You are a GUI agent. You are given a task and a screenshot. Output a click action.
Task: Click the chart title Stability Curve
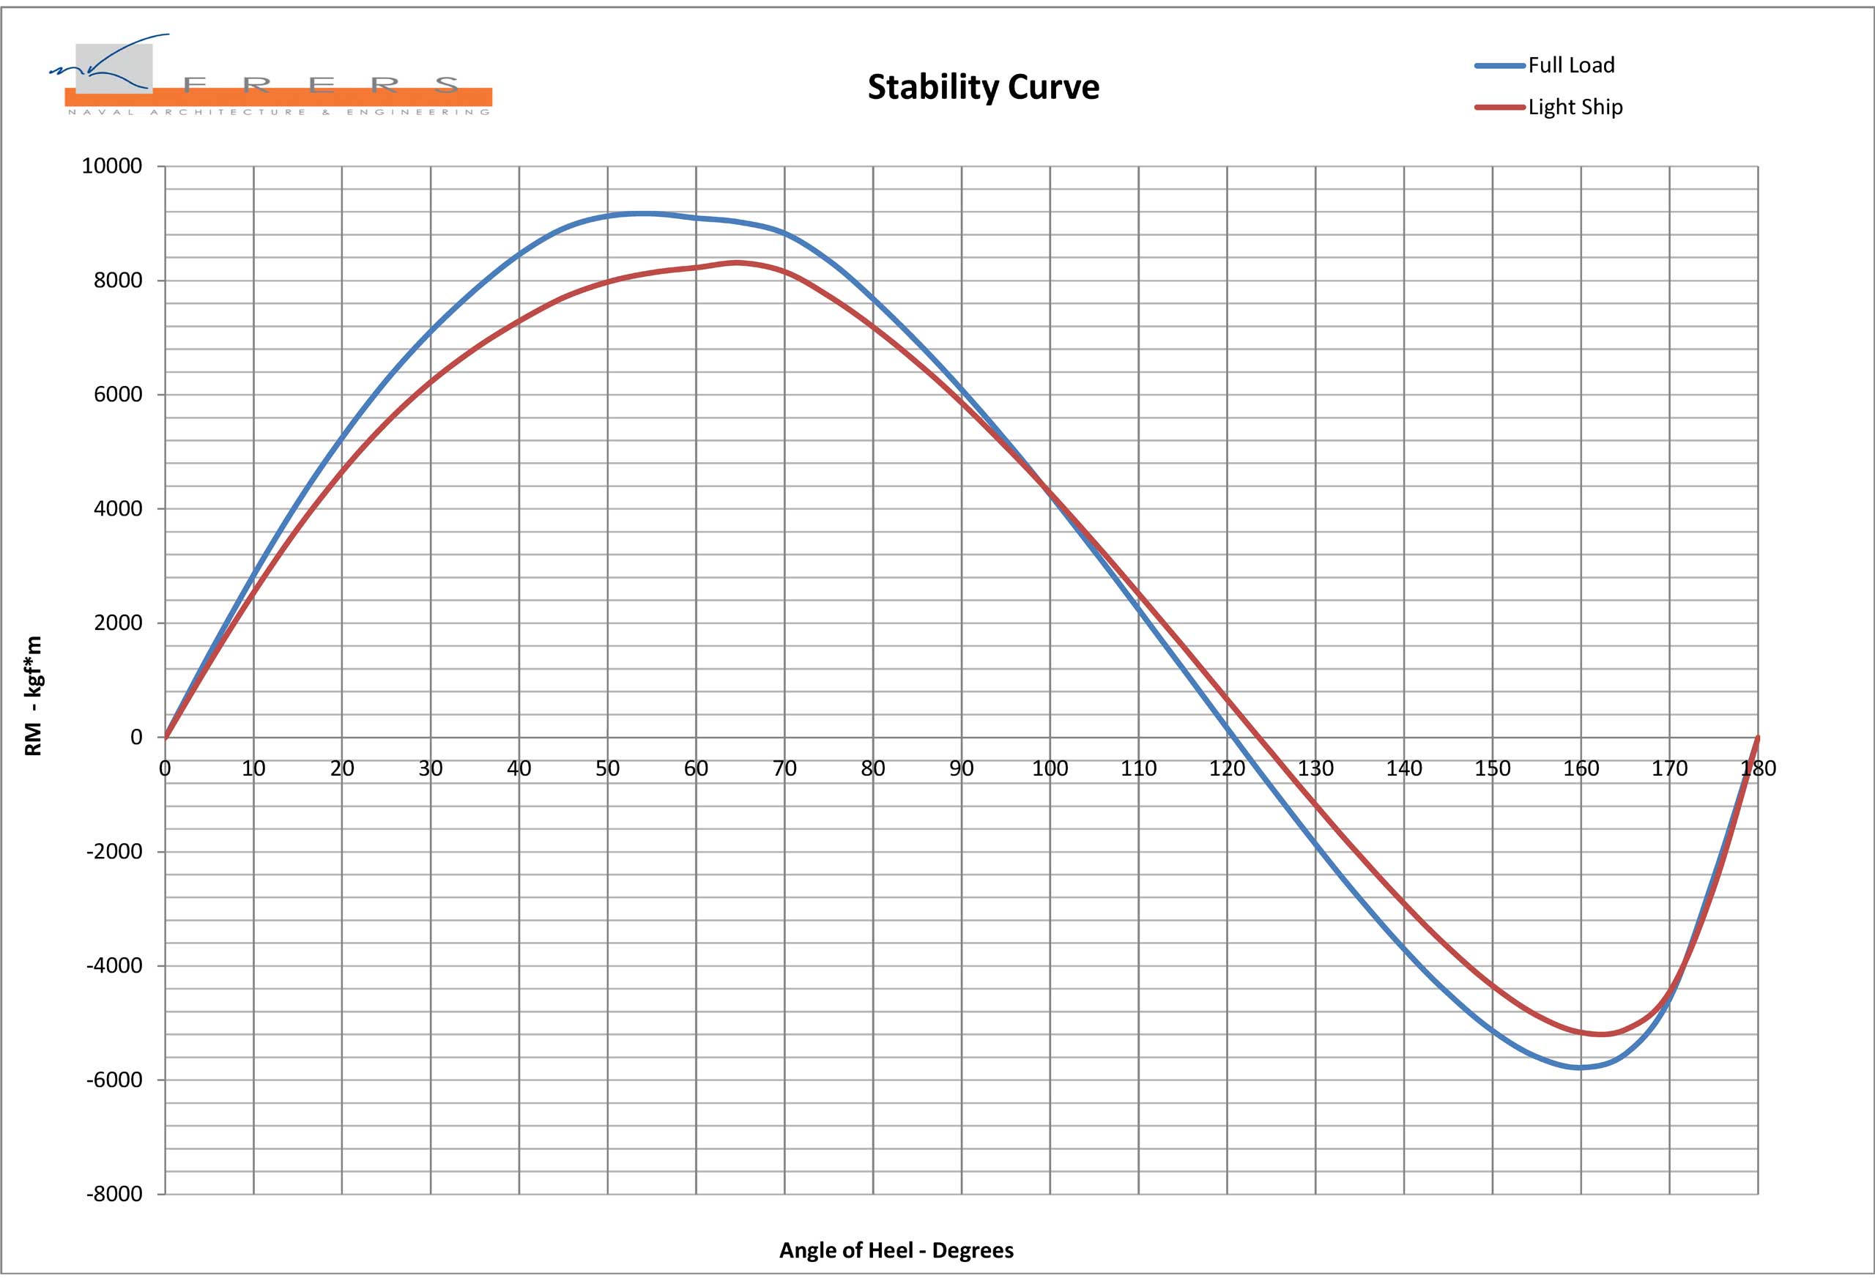(983, 87)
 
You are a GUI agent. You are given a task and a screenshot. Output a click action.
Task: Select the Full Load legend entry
(1570, 65)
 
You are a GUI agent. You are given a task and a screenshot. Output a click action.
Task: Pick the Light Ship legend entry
(1574, 108)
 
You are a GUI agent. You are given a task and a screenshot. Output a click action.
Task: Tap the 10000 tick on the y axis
(111, 166)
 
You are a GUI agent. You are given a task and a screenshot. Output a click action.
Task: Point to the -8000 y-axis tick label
(114, 1195)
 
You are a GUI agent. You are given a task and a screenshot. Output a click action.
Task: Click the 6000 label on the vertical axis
(118, 395)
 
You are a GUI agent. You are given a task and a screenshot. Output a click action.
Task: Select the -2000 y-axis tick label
(114, 851)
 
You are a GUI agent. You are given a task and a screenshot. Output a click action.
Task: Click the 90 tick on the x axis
(961, 768)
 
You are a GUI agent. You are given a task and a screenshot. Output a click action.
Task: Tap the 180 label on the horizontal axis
(1757, 768)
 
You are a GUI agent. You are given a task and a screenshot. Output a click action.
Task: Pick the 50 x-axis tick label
(607, 768)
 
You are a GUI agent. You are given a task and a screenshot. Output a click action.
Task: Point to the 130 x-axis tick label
(1315, 768)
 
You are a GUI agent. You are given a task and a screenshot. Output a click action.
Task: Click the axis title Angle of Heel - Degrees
(896, 1250)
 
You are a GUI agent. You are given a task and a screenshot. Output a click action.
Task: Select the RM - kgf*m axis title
(33, 696)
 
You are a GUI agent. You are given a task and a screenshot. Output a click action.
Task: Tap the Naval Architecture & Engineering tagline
(278, 112)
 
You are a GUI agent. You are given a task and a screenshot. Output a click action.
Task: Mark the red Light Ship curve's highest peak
(736, 262)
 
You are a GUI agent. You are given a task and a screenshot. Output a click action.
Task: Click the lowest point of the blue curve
(1580, 1068)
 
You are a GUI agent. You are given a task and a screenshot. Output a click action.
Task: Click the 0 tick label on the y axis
(136, 737)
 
